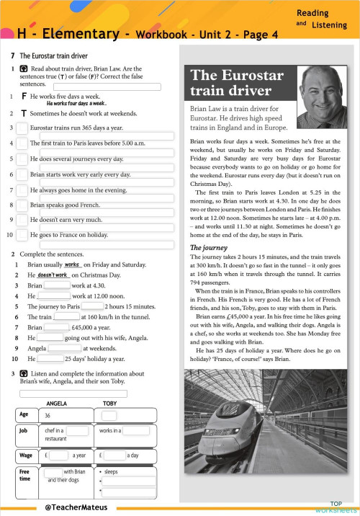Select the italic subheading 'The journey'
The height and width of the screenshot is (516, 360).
point(208,247)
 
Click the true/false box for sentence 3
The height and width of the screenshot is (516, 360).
point(22,128)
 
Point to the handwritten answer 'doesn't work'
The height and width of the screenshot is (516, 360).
point(53,275)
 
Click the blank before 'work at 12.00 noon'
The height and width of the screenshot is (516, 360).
point(58,295)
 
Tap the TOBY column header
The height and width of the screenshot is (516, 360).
point(109,403)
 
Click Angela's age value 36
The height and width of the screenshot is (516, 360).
point(48,416)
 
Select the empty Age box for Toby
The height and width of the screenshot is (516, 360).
point(109,416)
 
